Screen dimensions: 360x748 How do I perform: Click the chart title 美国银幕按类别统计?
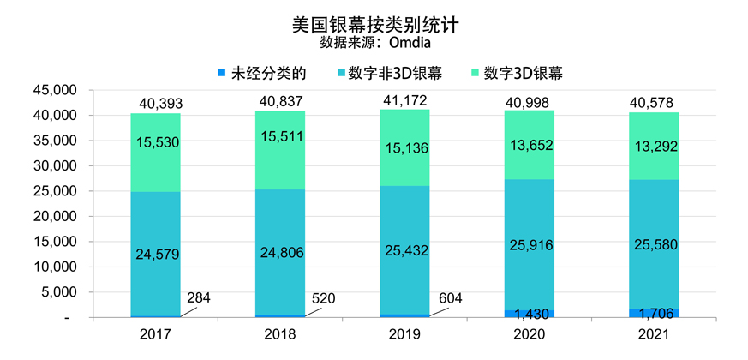pyautogui.click(x=374, y=24)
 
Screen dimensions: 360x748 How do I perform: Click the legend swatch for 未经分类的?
pyautogui.click(x=223, y=73)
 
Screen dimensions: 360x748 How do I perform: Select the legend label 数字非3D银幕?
pyautogui.click(x=396, y=73)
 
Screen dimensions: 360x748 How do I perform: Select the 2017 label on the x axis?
pyautogui.click(x=155, y=333)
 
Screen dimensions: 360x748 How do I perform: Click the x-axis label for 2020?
pyautogui.click(x=530, y=333)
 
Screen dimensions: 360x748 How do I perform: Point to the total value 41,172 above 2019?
pyautogui.click(x=405, y=102)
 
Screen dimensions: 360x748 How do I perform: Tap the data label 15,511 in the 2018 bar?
pyautogui.click(x=282, y=136)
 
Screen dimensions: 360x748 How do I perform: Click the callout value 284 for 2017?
pyautogui.click(x=198, y=298)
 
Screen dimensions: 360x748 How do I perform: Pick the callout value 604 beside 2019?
pyautogui.click(x=448, y=298)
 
